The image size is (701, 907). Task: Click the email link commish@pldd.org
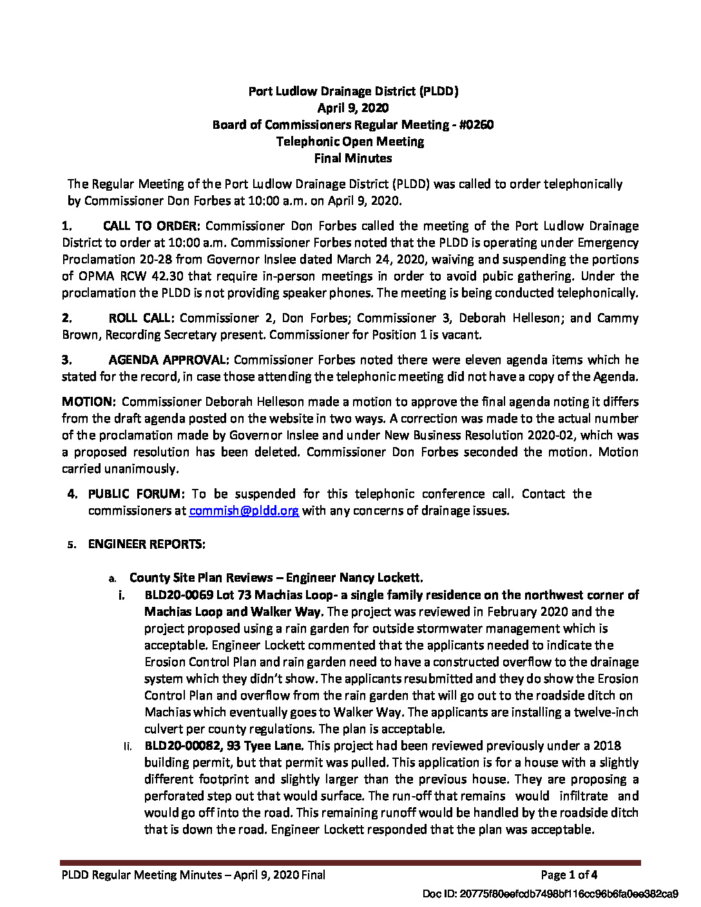[244, 511]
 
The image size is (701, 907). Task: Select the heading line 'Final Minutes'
[353, 158]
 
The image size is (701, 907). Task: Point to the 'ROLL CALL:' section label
[141, 318]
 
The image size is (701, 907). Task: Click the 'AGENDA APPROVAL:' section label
[168, 360]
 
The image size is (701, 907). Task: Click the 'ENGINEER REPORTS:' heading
[147, 544]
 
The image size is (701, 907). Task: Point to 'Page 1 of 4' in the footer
[569, 875]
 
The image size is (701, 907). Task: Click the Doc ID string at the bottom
[550, 894]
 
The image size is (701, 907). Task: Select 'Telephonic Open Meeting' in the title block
[350, 142]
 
